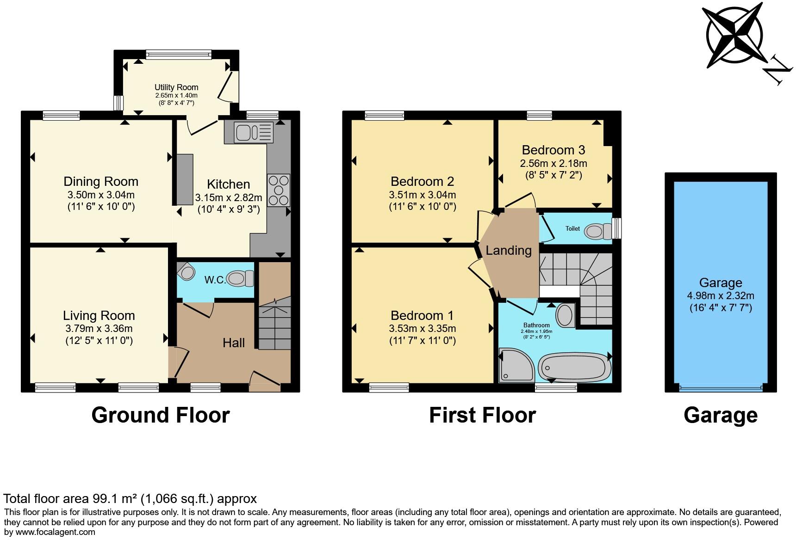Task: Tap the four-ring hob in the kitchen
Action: [x=278, y=190]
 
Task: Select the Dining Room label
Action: [x=101, y=181]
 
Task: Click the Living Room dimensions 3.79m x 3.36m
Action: [x=99, y=329]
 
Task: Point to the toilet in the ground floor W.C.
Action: [x=240, y=278]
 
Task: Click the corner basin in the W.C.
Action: [x=187, y=271]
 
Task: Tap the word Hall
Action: [x=234, y=343]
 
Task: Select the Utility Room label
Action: [x=176, y=87]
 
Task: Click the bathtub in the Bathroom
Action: [x=575, y=368]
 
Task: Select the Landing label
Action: [x=508, y=250]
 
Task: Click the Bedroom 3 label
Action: [x=553, y=150]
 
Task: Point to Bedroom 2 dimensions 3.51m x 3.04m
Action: [x=422, y=195]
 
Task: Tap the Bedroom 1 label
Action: [x=422, y=315]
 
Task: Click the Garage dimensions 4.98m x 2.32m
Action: [x=721, y=295]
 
